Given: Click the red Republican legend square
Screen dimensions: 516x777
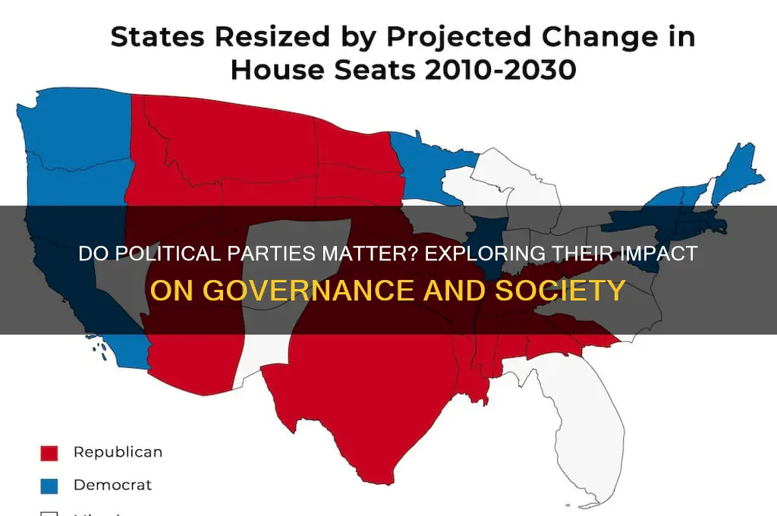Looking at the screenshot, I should tap(49, 453).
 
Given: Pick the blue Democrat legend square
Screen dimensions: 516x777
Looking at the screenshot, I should tap(49, 484).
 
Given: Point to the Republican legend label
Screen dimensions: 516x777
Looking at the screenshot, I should tap(118, 452).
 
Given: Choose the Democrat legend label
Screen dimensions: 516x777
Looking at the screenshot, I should tap(112, 484).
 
